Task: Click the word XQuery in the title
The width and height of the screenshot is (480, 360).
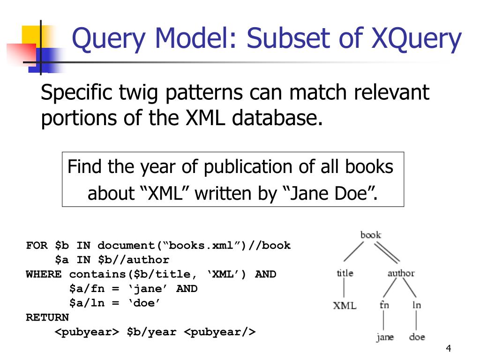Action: coord(415,39)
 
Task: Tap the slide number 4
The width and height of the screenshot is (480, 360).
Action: coord(449,349)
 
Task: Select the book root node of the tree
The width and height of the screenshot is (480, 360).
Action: coord(370,235)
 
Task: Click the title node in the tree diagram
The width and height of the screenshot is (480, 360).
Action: coord(345,273)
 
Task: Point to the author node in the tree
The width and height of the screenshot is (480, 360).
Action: coord(401,273)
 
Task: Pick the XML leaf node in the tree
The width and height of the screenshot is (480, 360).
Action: coord(345,306)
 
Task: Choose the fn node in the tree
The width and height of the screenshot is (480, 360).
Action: coord(384,305)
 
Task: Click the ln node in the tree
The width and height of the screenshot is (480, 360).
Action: coord(417,305)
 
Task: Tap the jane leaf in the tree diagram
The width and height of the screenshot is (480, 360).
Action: coord(384,337)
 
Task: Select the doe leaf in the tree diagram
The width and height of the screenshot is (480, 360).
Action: coord(417,337)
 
